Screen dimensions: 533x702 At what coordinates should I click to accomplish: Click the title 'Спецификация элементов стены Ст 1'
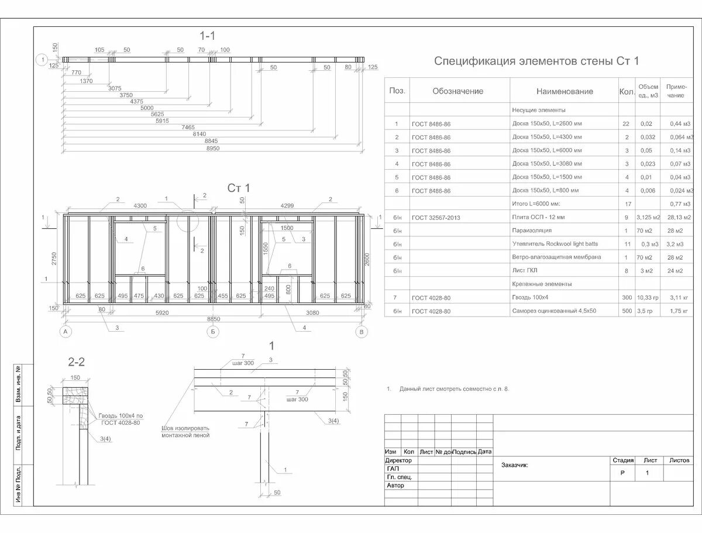tap(536, 61)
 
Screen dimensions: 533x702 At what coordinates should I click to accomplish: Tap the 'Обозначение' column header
tap(457, 91)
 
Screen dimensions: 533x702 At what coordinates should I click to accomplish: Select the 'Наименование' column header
tap(564, 91)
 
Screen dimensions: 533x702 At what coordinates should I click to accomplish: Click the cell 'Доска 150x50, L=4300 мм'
tap(547, 137)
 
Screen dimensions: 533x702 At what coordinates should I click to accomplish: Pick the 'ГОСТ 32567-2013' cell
tap(436, 218)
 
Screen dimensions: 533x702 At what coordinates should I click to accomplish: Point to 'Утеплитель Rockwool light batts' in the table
tap(555, 244)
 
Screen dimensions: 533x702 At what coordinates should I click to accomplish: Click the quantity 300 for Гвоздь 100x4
tap(627, 298)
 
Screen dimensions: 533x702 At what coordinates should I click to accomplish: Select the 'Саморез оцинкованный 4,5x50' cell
tap(553, 311)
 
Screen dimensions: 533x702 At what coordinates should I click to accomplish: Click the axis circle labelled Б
tap(214, 332)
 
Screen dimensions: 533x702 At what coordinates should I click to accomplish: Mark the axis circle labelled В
tap(363, 332)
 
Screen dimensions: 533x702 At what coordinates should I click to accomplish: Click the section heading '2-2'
tap(77, 362)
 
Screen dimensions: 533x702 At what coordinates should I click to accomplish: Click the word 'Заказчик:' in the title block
tap(515, 466)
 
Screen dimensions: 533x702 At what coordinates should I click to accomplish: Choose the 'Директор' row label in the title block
tap(399, 460)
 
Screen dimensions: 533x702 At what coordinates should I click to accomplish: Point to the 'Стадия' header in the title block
tap(622, 460)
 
